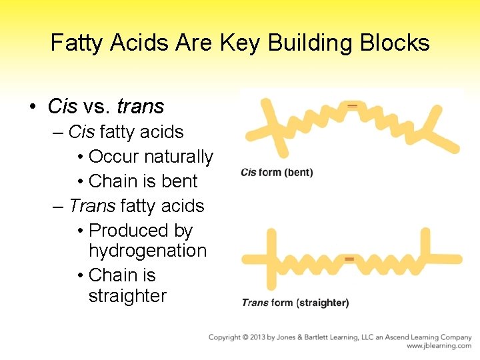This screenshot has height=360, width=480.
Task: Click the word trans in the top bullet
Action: click(140, 106)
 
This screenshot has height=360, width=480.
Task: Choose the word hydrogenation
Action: click(147, 251)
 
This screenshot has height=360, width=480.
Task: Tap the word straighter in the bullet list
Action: click(127, 296)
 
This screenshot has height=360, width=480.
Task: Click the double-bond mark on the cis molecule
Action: click(353, 106)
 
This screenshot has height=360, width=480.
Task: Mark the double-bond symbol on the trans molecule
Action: click(349, 258)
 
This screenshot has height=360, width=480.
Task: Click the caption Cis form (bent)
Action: click(277, 173)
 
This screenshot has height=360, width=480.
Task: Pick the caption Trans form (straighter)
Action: click(295, 303)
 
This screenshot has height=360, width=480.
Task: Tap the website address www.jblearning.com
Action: click(439, 346)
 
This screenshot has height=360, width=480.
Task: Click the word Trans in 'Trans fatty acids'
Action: click(92, 206)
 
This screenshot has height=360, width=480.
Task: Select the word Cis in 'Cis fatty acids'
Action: click(81, 132)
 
